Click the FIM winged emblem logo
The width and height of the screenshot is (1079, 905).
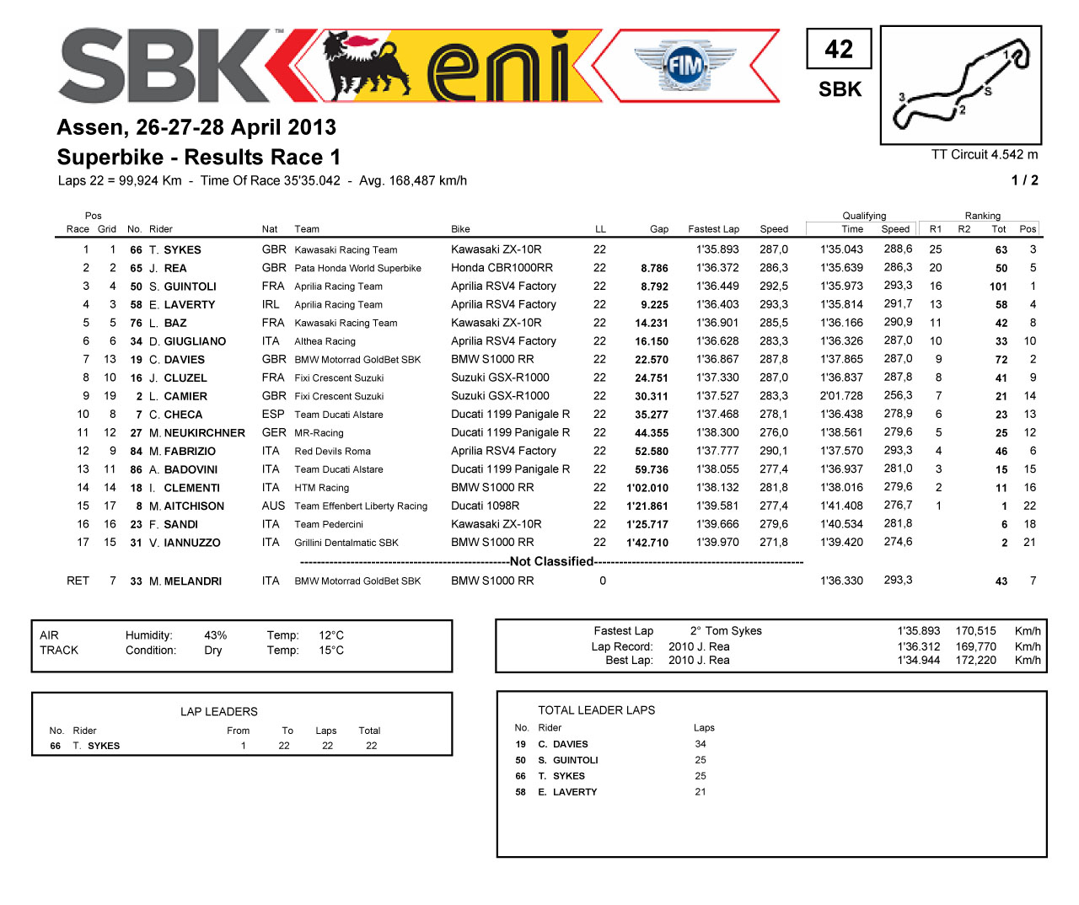[x=684, y=65]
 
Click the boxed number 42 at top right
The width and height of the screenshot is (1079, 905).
[x=839, y=49]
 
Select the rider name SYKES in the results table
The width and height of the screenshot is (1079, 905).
[x=182, y=250]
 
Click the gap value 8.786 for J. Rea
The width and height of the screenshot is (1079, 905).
[x=654, y=269]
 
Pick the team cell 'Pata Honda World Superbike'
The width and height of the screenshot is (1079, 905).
[x=357, y=269]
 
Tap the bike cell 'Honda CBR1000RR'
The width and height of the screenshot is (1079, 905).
[x=502, y=268]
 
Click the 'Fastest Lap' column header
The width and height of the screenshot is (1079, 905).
[x=713, y=229]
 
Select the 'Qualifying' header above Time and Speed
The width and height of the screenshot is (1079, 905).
[x=864, y=216]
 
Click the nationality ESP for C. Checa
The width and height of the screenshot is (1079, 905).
[x=273, y=415]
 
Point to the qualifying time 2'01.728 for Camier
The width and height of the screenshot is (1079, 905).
[x=841, y=396]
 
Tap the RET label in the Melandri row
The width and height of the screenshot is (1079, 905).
[x=78, y=581]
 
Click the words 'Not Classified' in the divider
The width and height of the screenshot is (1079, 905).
[x=551, y=562]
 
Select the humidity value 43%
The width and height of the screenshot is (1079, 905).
[x=215, y=635]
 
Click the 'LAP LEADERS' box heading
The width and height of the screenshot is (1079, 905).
[x=218, y=712]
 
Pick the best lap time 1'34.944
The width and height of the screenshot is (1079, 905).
[x=918, y=661]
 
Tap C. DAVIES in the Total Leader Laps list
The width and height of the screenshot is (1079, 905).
[x=562, y=745]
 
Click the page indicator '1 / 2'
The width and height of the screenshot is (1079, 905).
[x=1024, y=180]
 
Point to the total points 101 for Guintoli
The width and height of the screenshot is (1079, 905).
[x=998, y=286]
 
